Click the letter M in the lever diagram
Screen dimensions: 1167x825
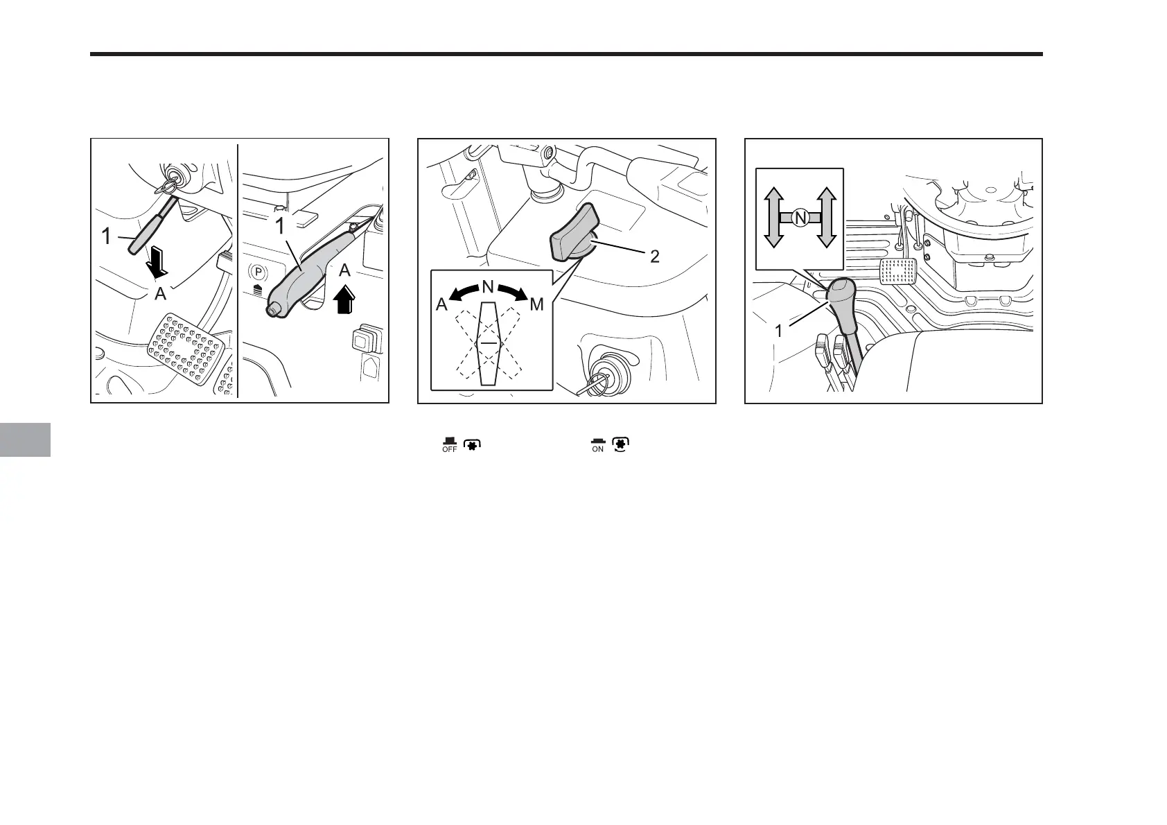pyautogui.click(x=536, y=304)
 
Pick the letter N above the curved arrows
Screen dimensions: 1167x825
pyautogui.click(x=487, y=286)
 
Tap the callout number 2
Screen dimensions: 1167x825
pyautogui.click(x=654, y=257)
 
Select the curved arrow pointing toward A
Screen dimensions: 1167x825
pyautogui.click(x=462, y=295)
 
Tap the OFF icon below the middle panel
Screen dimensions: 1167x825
pyautogui.click(x=450, y=445)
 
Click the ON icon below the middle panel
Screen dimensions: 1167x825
pyautogui.click(x=597, y=445)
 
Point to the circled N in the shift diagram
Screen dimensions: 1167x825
pyautogui.click(x=800, y=218)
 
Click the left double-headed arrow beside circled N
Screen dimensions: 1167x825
pyautogui.click(x=774, y=218)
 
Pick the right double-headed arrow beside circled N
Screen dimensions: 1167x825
pyautogui.click(x=825, y=218)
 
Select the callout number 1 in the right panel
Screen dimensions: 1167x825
pyautogui.click(x=778, y=331)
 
